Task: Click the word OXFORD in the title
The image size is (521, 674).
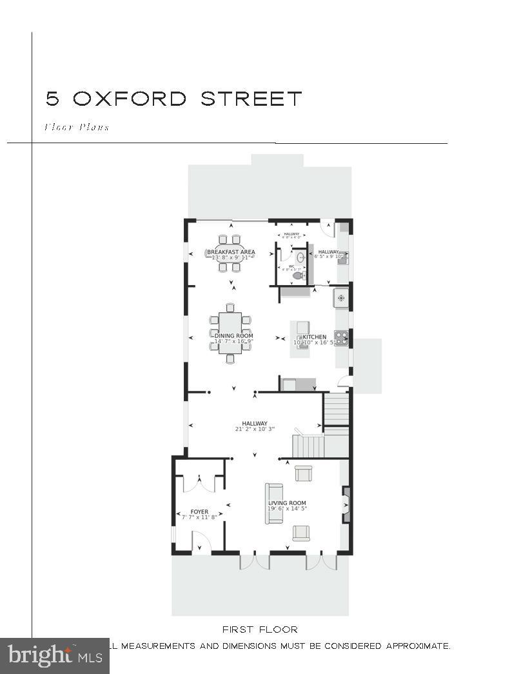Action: click(x=130, y=99)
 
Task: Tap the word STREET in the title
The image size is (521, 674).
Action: click(x=250, y=99)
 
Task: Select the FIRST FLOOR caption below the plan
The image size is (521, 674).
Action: click(x=260, y=629)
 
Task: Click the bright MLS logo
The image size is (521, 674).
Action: click(x=54, y=656)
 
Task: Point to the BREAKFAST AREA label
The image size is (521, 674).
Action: click(x=231, y=252)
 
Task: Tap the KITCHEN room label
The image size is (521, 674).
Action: click(x=315, y=337)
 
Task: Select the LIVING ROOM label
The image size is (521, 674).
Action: click(x=287, y=503)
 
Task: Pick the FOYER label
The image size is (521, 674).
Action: click(x=199, y=512)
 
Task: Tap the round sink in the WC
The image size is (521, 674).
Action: click(x=300, y=257)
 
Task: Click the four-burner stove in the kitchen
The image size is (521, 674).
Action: click(x=341, y=335)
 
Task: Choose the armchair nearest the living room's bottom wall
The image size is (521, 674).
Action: click(x=301, y=533)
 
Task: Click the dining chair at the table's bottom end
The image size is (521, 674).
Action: click(x=230, y=357)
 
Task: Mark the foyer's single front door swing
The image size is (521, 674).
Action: click(x=200, y=542)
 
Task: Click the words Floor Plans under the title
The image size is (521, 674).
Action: click(x=77, y=127)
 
